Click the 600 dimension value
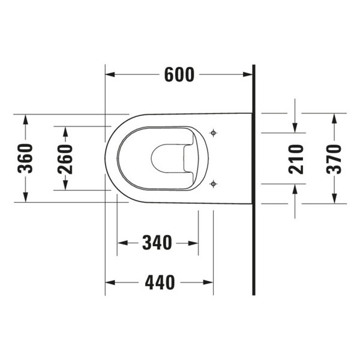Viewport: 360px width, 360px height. [179, 74]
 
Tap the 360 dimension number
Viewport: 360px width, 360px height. [25, 158]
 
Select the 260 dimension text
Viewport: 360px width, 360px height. [65, 159]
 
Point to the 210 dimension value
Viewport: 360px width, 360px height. [296, 159]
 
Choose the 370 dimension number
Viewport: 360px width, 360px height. [334, 159]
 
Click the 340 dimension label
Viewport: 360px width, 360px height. [157, 242]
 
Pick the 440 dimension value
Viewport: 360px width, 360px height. [160, 282]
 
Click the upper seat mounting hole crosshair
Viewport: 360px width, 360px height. [213, 133]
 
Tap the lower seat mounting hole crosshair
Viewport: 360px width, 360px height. [213, 184]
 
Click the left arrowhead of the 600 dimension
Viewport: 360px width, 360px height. [110, 74]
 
